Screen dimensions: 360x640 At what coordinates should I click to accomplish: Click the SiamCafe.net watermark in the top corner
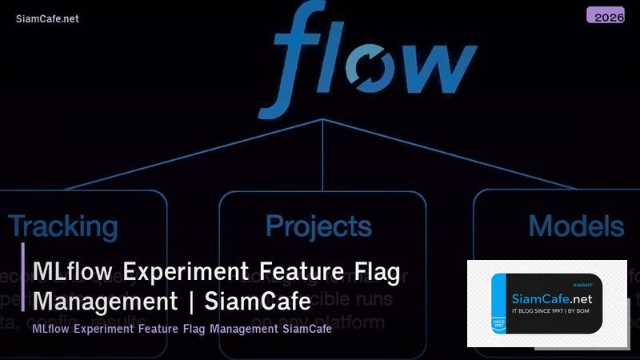(47, 18)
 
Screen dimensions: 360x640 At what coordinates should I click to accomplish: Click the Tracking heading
(63, 226)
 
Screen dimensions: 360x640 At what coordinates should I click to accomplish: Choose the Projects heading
(318, 226)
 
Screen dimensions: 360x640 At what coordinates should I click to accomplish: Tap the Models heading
(576, 226)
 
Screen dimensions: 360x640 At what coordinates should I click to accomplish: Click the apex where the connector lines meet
(322, 119)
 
